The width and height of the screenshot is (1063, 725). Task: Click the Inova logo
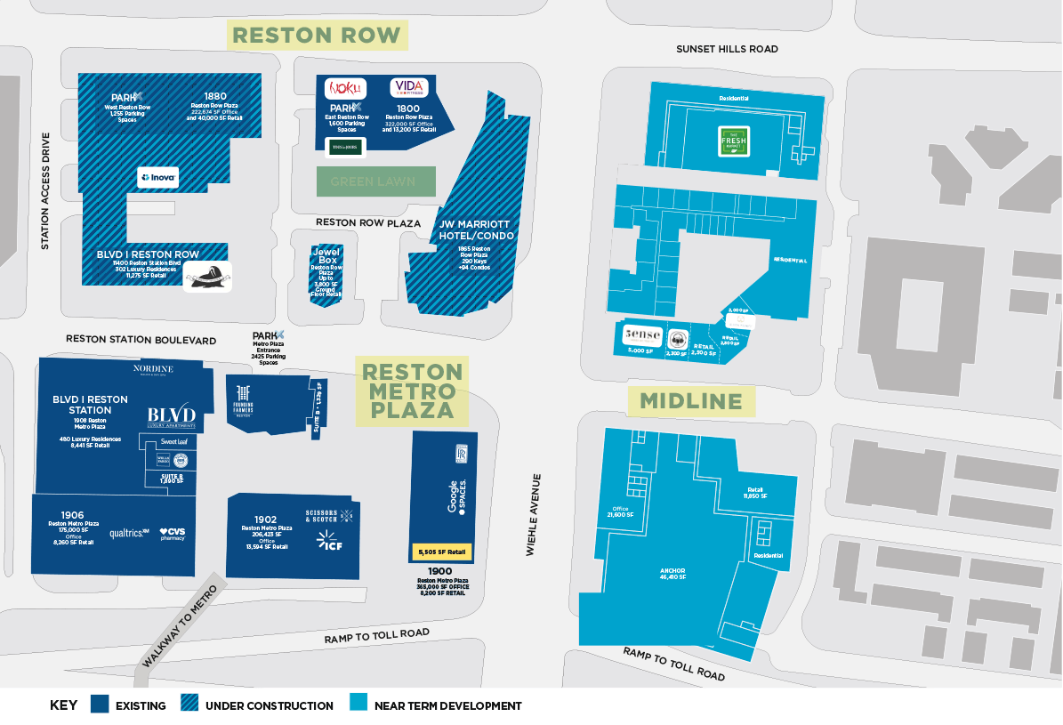coord(158,177)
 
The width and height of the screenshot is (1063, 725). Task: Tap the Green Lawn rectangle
coord(376,181)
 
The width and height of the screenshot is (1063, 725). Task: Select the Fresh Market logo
coord(735,140)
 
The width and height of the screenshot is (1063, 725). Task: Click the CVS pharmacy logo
coord(173,534)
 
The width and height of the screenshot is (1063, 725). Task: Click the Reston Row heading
coord(317,36)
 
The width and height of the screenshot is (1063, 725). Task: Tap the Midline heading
coord(691,401)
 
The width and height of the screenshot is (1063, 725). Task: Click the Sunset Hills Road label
coord(726,49)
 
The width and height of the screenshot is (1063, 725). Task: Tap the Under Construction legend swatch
coord(189,705)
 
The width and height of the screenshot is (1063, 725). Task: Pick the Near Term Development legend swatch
coord(359,705)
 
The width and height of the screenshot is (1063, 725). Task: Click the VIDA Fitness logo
coord(409,88)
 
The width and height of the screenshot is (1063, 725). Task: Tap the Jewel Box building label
coord(326,255)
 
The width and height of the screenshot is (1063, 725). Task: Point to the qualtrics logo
coord(127,534)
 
